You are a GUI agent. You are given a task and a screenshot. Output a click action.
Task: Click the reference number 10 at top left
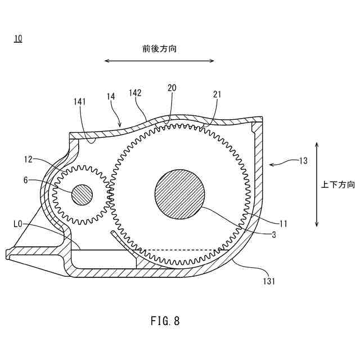[19, 38]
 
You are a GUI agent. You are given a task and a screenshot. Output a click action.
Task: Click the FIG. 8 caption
[165, 321]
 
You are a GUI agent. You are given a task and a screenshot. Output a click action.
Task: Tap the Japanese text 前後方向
[160, 49]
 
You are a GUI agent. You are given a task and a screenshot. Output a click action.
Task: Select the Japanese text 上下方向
[338, 184]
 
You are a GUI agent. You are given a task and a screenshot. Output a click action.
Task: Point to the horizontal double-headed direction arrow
[160, 61]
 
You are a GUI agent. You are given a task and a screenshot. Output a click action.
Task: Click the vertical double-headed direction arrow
[317, 184]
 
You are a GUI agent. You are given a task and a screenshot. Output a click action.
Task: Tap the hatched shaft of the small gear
[82, 195]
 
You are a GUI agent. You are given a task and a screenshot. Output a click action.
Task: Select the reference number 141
[80, 101]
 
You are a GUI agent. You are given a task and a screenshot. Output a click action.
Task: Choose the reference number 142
[135, 92]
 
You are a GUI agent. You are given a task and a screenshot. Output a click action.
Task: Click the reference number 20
[172, 88]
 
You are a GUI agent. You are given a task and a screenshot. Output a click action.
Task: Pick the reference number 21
[217, 94]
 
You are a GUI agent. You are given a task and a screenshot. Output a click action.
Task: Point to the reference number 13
[303, 160]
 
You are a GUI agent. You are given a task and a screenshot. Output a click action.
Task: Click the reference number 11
[283, 223]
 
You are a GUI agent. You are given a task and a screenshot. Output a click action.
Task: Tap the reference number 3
[273, 235]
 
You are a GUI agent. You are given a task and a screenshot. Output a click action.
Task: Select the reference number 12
[28, 160]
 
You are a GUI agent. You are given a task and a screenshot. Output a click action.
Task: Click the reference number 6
[25, 181]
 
